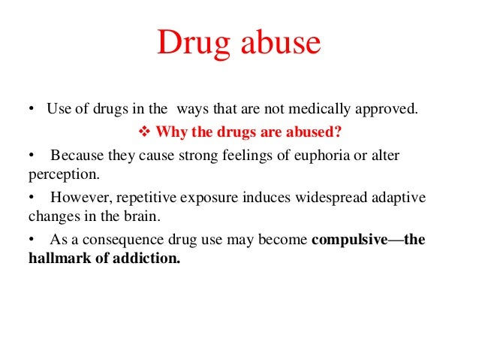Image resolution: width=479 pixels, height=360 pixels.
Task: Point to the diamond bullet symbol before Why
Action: (146, 134)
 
